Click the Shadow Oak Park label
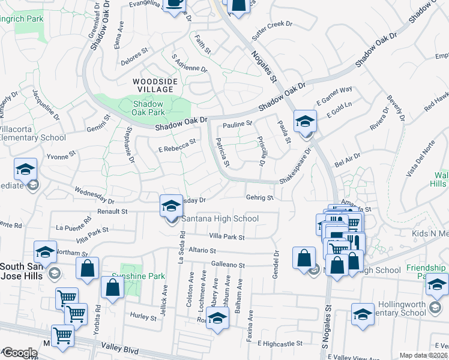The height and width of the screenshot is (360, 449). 148,107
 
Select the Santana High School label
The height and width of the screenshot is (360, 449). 220,218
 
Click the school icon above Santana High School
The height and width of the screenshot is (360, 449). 171,206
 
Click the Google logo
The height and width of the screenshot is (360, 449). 20,353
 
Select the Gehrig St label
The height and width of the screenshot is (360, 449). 259,197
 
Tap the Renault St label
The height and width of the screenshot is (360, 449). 112,211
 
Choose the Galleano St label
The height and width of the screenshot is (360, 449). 228,265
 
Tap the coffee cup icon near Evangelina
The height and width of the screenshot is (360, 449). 175,4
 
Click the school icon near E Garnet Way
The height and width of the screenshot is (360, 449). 305,122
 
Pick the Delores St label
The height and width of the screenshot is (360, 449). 134,55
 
